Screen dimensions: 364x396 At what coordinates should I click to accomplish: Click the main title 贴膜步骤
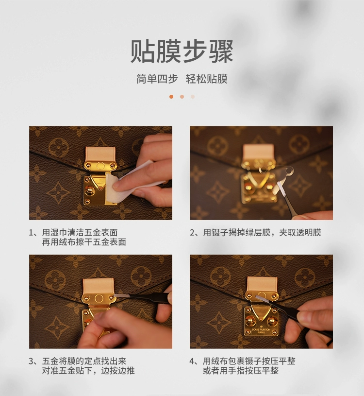coord(182,52)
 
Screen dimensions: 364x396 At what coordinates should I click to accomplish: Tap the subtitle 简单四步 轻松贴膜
coord(182,79)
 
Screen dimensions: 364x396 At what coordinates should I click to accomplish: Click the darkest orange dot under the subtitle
coord(171,97)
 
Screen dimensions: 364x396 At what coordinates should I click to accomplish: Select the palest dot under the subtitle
coord(193,97)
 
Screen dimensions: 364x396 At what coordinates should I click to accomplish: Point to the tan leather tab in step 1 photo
coord(100,155)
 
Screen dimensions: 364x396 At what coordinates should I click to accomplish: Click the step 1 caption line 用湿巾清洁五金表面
coord(80,233)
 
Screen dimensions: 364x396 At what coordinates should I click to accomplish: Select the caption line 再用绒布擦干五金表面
coord(84,242)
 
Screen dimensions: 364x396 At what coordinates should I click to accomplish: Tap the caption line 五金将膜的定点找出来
coord(84,361)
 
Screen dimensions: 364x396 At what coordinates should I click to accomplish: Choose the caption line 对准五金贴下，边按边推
coord(88,371)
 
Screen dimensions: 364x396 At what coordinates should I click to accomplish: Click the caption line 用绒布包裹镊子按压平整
coord(249,361)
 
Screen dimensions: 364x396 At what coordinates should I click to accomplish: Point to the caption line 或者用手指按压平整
coord(241,371)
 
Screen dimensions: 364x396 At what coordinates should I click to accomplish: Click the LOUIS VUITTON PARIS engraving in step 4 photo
coord(261,331)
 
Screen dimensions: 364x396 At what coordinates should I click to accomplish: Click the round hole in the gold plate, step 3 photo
coord(99,299)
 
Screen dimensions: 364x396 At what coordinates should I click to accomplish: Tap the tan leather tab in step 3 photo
coord(99,286)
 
